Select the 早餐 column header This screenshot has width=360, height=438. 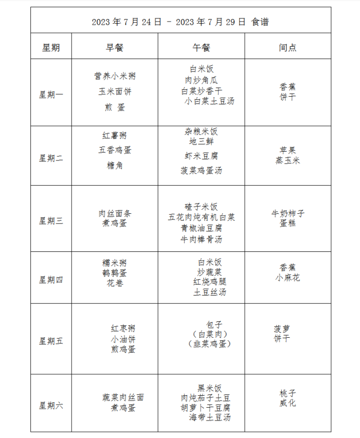pos(115,48)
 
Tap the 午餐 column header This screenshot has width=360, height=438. pos(201,48)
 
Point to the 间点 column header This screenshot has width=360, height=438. pos(287,48)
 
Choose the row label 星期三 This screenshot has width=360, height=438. pos(51,221)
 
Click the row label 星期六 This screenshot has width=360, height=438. pos(51,406)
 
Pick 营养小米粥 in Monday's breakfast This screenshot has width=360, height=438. pos(115,76)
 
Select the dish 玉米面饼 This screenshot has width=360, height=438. pos(115,92)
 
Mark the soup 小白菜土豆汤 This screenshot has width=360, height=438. pos(209,101)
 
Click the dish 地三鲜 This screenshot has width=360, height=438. pos(201,142)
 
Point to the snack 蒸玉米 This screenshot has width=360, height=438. pos(287,160)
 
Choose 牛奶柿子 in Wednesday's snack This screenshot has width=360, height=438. pos(288,213)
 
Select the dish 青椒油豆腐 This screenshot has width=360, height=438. pos(201,228)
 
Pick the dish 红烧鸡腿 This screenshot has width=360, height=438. pos(209,282)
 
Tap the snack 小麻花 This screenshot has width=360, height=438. pos(287,278)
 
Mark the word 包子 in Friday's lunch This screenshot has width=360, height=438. pos(214,324)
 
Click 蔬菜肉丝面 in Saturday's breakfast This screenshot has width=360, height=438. pos(123,397)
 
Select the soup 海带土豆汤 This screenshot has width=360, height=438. pos(209,417)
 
